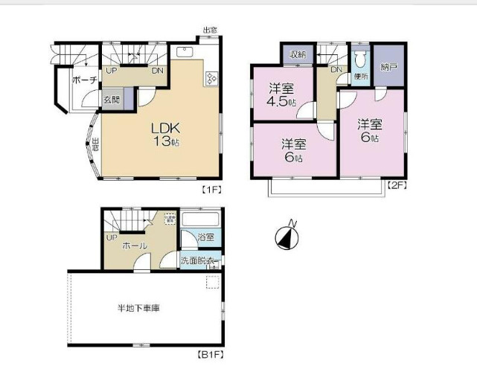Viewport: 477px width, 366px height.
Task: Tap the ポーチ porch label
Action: point(84,80)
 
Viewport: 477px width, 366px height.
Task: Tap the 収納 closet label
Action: point(298,55)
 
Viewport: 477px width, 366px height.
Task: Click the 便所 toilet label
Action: point(362,76)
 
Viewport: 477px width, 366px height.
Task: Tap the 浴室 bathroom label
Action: point(206,237)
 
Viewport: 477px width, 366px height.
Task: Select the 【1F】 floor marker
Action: point(213,190)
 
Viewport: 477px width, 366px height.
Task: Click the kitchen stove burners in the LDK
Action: point(210,77)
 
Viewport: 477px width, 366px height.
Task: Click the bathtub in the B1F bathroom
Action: point(199,222)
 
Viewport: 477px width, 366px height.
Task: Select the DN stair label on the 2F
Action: point(336,70)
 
